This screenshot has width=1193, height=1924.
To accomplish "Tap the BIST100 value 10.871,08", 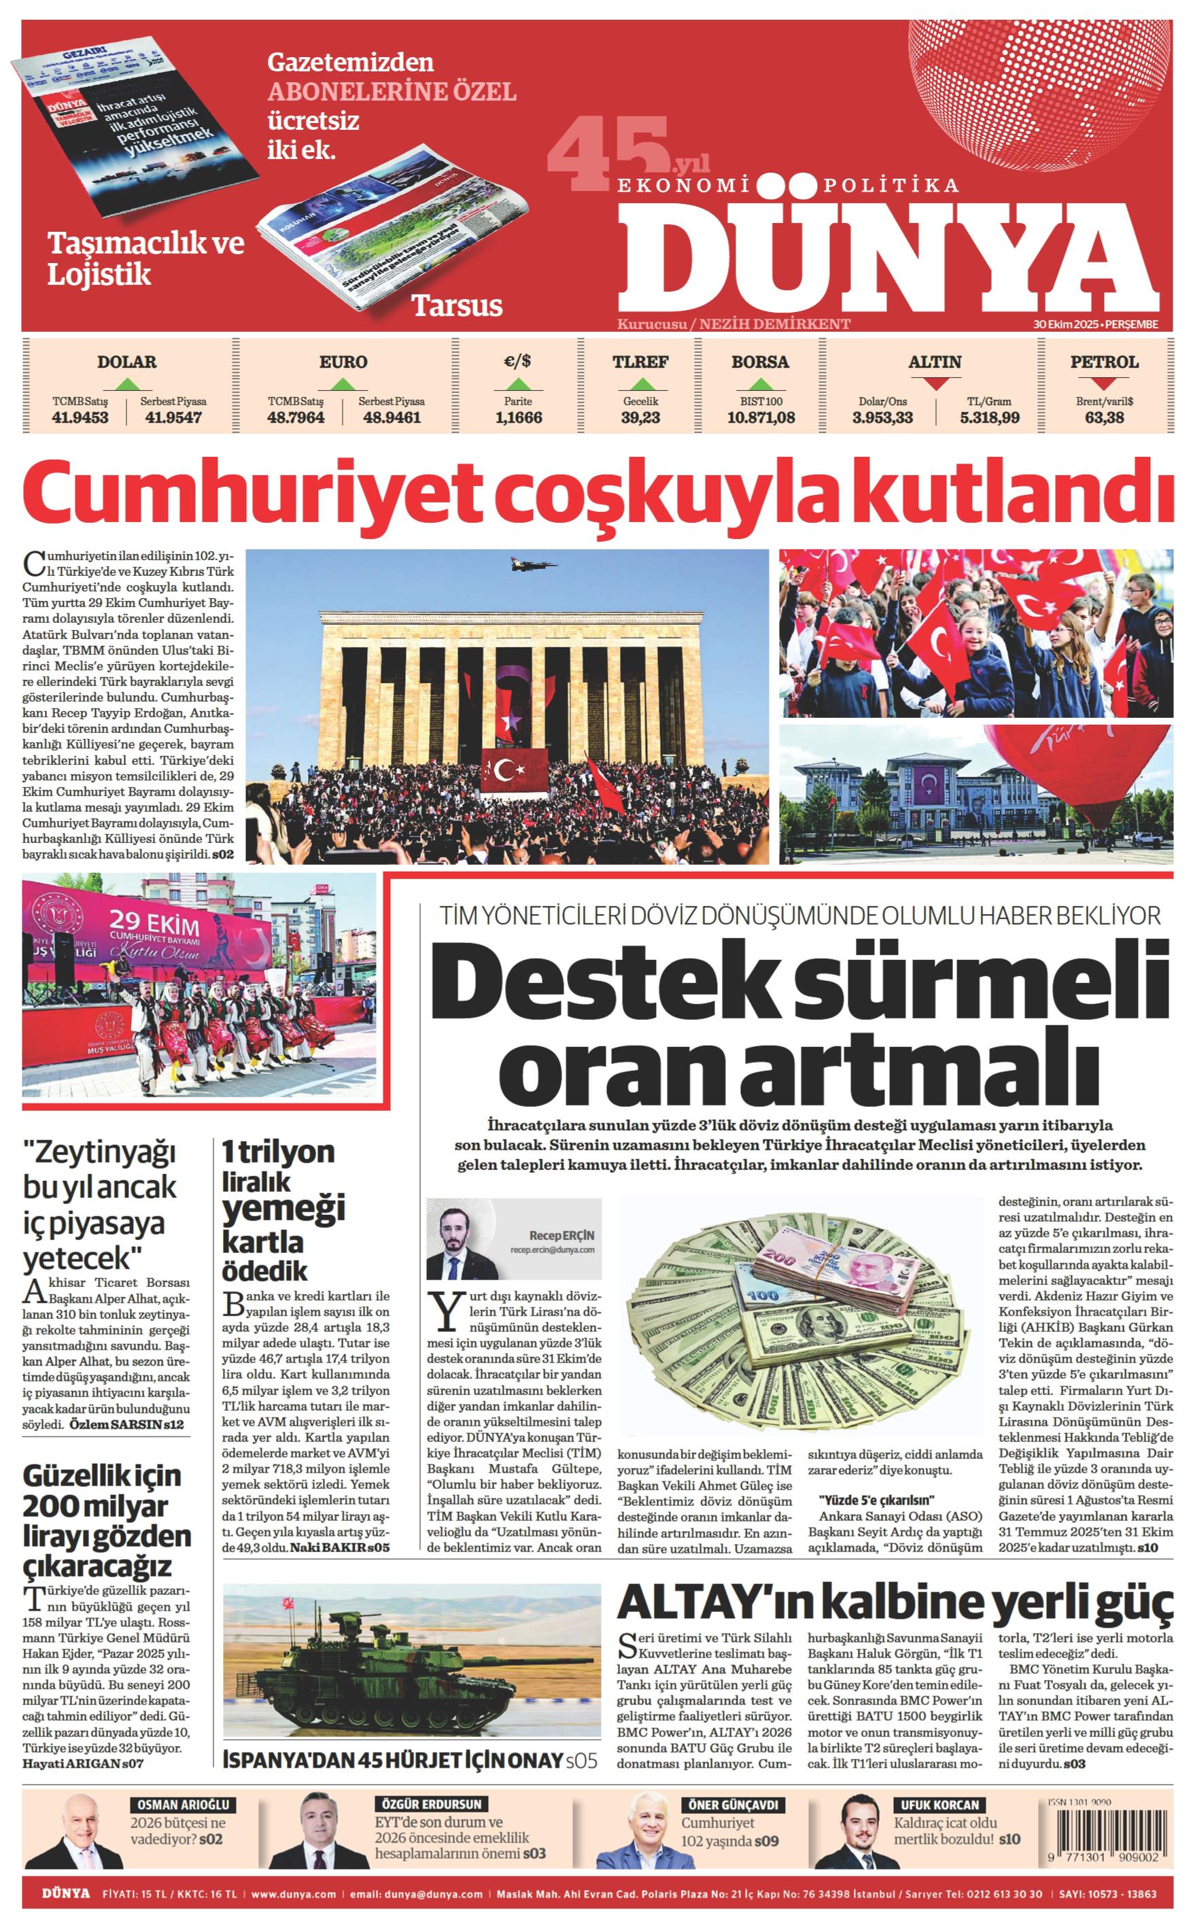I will pyautogui.click(x=761, y=417).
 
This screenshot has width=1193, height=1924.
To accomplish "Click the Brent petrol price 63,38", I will pyautogui.click(x=1104, y=417).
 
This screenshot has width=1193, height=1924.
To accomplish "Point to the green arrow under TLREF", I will pyautogui.click(x=640, y=384).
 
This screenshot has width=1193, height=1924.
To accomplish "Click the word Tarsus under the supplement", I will pyautogui.click(x=457, y=305).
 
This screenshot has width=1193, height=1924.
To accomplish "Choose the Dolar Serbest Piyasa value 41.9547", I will pyautogui.click(x=173, y=417).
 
